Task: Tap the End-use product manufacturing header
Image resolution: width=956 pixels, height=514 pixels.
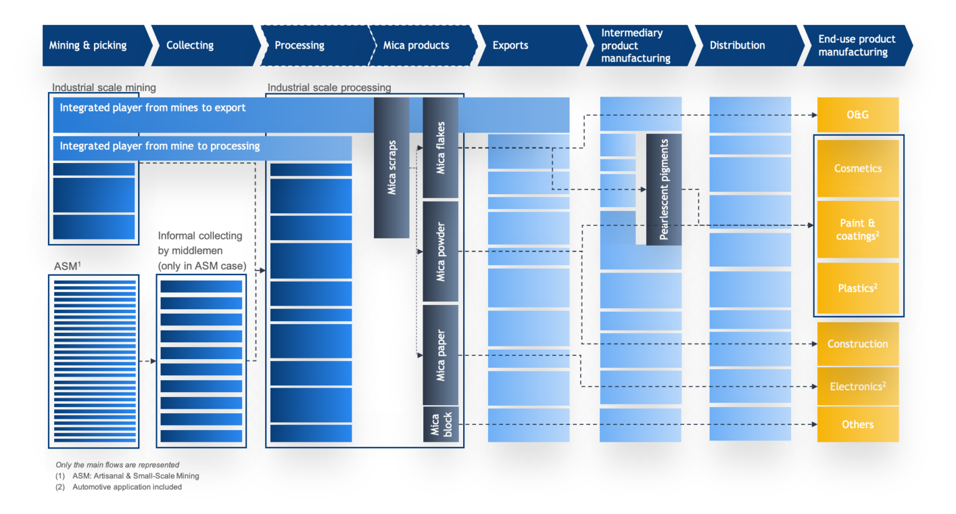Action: click(856, 45)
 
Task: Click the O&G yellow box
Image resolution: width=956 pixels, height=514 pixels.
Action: click(858, 114)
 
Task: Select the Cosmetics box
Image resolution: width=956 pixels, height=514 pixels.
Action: click(858, 169)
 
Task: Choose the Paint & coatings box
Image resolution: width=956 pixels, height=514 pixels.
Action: click(858, 230)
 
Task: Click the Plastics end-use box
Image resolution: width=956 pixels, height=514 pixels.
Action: click(858, 288)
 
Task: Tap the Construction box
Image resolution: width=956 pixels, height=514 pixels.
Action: click(858, 344)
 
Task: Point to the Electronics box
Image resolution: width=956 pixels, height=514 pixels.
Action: click(858, 386)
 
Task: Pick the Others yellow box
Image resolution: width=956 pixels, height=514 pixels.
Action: click(858, 424)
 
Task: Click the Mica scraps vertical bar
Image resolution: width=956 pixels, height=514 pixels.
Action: click(391, 168)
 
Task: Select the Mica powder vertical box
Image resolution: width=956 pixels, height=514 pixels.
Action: click(441, 251)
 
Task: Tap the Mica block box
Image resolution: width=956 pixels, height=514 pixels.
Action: click(441, 424)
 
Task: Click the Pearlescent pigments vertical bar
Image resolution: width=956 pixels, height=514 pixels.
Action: click(664, 189)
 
